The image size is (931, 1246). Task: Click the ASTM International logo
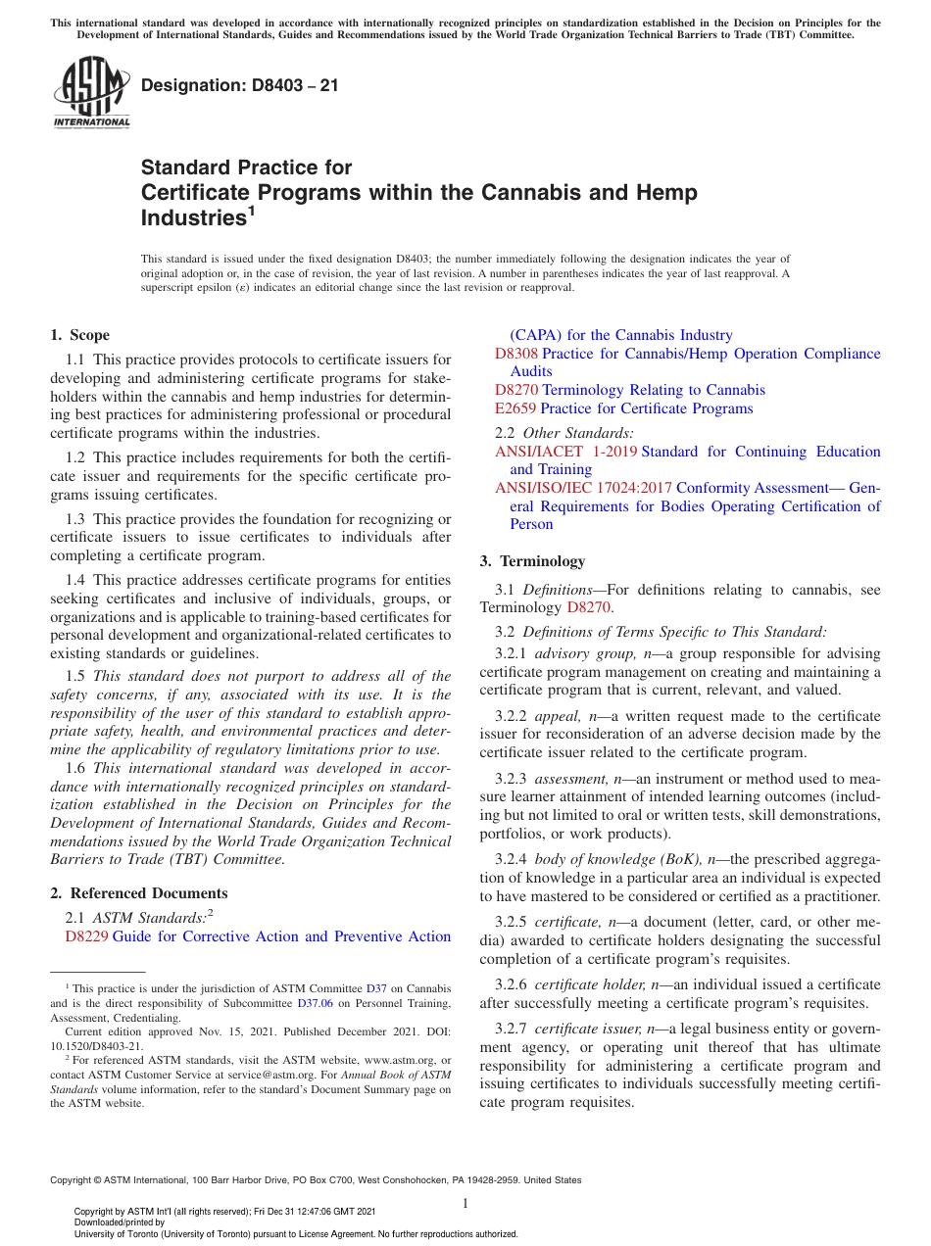[90, 93]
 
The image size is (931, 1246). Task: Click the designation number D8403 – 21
[240, 85]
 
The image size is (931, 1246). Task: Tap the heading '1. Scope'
[79, 335]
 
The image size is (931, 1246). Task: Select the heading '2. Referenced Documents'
[138, 893]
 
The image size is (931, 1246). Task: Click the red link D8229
[86, 936]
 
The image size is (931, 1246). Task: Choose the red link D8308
[516, 354]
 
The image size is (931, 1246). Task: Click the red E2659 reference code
[515, 408]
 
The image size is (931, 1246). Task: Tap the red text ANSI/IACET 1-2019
[565, 452]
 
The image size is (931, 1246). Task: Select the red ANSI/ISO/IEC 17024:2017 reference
[583, 488]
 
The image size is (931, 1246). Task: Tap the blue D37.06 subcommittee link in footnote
[315, 1003]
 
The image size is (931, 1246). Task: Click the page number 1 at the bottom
[465, 1203]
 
